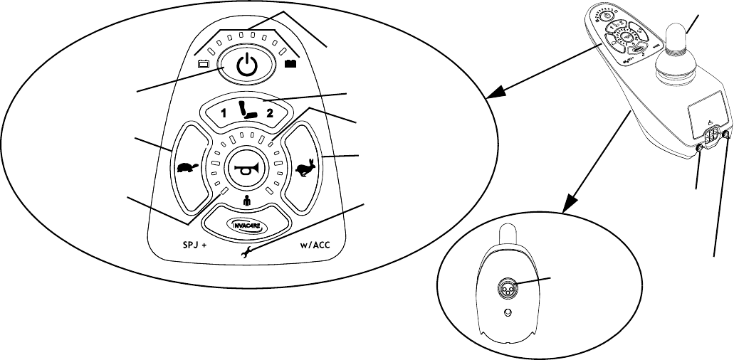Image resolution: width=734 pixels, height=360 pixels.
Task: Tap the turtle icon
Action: coord(186,169)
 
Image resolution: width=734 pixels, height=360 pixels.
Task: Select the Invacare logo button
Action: coord(246,223)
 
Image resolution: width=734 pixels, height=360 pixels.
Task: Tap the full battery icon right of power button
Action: coord(290,63)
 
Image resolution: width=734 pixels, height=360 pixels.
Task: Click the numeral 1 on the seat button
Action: coord(222,113)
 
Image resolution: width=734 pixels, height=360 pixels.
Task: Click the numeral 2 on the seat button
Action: coord(270,113)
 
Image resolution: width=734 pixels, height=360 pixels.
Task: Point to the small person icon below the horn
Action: coord(246,201)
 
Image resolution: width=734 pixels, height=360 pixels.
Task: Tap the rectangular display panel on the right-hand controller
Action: coord(706,113)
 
